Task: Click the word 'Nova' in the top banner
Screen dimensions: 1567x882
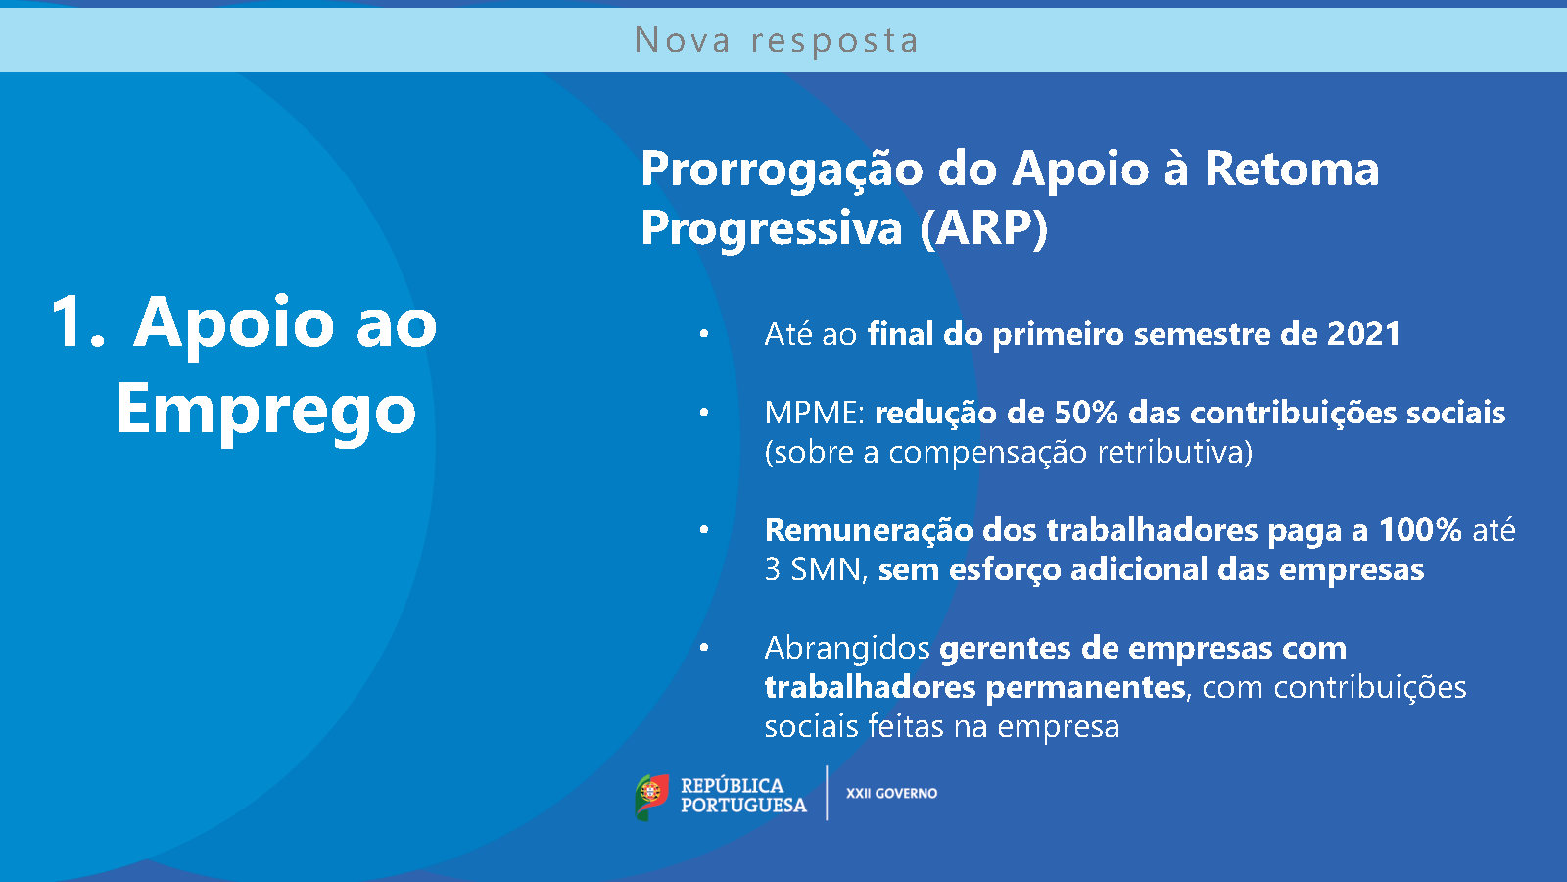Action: click(x=682, y=40)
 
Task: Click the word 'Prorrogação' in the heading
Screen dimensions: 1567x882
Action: click(x=782, y=171)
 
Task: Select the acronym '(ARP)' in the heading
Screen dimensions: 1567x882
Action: click(x=983, y=228)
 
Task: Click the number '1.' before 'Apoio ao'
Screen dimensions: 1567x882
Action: click(x=78, y=322)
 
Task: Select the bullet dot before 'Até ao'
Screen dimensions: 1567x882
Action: click(x=704, y=334)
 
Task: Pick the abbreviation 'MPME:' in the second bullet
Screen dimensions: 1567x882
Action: click(x=815, y=413)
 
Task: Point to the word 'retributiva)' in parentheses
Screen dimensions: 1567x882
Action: click(x=1174, y=452)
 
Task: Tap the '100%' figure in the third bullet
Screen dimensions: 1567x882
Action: click(x=1420, y=530)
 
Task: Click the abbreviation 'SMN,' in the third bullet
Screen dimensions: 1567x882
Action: click(x=830, y=569)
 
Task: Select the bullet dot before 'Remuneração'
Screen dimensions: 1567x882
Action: click(x=704, y=530)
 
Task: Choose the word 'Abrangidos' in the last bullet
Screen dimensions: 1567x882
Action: click(x=847, y=649)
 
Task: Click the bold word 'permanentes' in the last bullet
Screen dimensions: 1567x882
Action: click(x=1086, y=688)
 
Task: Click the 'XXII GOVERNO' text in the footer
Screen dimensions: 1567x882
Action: click(x=892, y=793)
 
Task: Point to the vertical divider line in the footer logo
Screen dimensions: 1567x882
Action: click(x=827, y=793)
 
